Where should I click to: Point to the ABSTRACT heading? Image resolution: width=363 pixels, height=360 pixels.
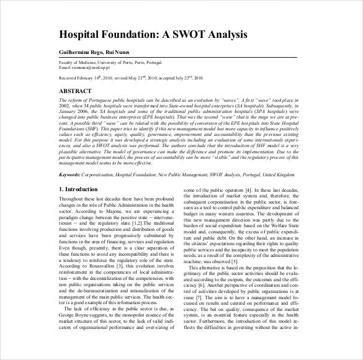tap(78, 91)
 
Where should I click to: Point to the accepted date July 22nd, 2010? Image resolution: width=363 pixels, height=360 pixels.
tap(198, 79)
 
